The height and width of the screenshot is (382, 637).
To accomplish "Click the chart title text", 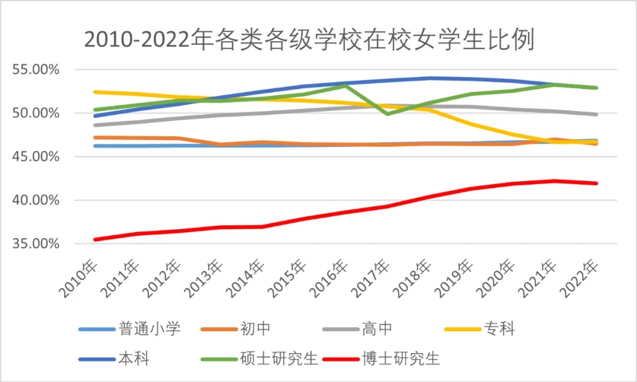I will point(309,39).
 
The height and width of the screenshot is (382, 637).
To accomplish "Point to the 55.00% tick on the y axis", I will point(36,70).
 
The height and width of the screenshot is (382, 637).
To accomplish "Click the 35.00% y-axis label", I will point(36,243).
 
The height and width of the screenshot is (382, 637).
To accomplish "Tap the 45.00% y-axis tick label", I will point(36,157).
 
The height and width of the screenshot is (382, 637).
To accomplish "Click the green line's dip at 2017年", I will point(387,114).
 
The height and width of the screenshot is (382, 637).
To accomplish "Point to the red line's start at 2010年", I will point(95,239).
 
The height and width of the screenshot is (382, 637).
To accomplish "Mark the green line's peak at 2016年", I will point(346,85).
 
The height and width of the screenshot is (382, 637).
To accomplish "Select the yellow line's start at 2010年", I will point(95,92).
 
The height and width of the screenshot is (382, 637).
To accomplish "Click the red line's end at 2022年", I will point(596,183).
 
